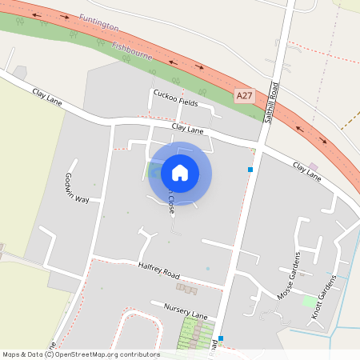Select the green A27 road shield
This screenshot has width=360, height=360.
[244, 95]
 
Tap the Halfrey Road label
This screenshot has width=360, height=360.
[159, 270]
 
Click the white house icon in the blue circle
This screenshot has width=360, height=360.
[180, 172]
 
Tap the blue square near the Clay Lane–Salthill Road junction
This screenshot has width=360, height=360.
[250, 170]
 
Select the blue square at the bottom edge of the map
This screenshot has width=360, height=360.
[221, 338]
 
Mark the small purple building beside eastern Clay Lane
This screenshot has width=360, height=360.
[313, 166]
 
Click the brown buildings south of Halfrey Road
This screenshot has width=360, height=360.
[187, 287]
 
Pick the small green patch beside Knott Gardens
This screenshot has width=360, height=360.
[309, 301]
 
